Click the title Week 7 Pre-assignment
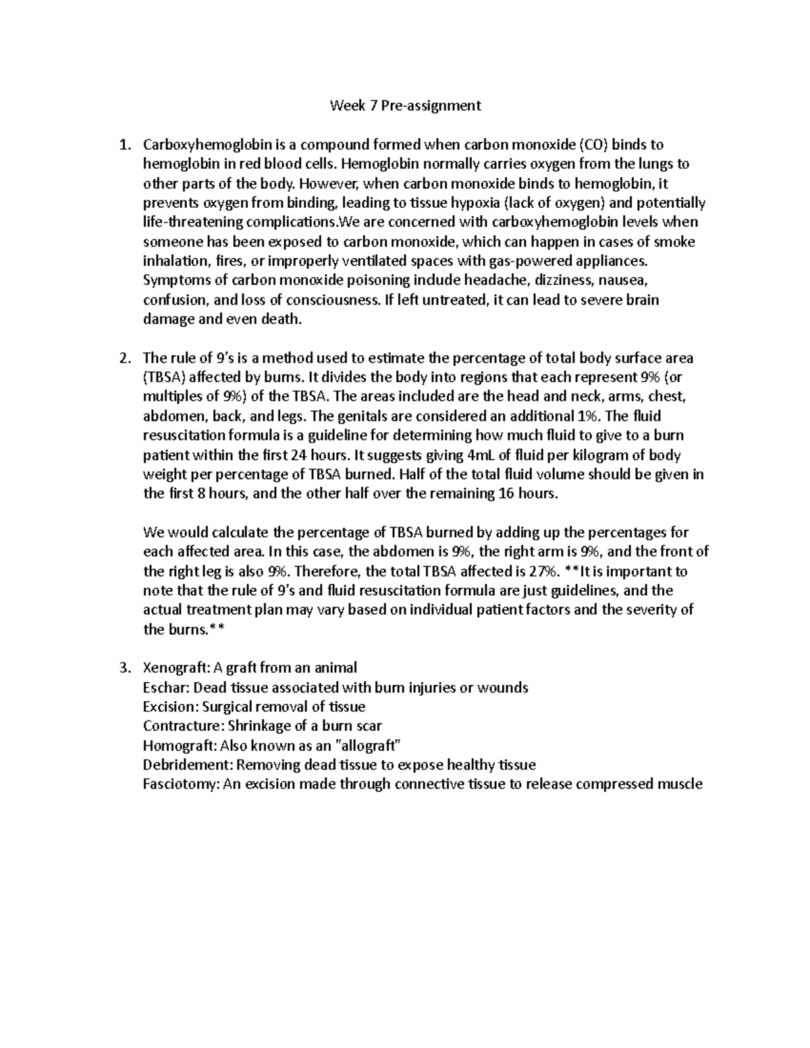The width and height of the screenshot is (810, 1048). (x=405, y=105)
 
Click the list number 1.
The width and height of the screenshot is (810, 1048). (x=123, y=144)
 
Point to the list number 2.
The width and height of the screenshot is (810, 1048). (x=123, y=358)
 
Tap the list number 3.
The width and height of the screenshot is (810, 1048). (x=123, y=668)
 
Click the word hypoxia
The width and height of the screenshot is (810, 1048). (x=475, y=203)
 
